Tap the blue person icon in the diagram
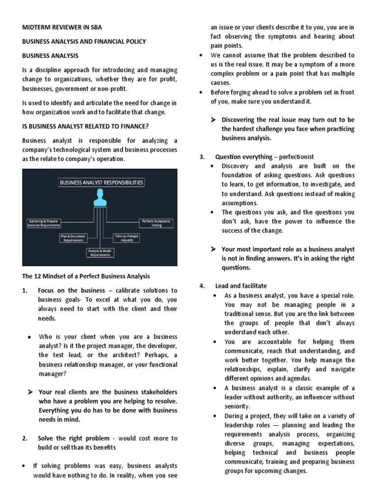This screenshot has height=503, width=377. [x=101, y=198]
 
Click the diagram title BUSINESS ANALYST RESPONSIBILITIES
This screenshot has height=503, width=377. [x=102, y=182]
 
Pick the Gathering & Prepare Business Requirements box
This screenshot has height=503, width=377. [x=45, y=224]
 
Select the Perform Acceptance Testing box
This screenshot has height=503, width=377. [x=156, y=224]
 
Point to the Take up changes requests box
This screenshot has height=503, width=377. [x=127, y=238]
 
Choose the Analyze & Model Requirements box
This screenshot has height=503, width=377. [x=100, y=253]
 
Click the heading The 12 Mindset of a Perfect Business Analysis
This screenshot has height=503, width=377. [x=86, y=277]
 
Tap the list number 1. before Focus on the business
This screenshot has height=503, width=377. [x=25, y=291]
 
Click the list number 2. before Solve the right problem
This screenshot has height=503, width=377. [x=25, y=438]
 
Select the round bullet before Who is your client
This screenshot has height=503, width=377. [x=29, y=337]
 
